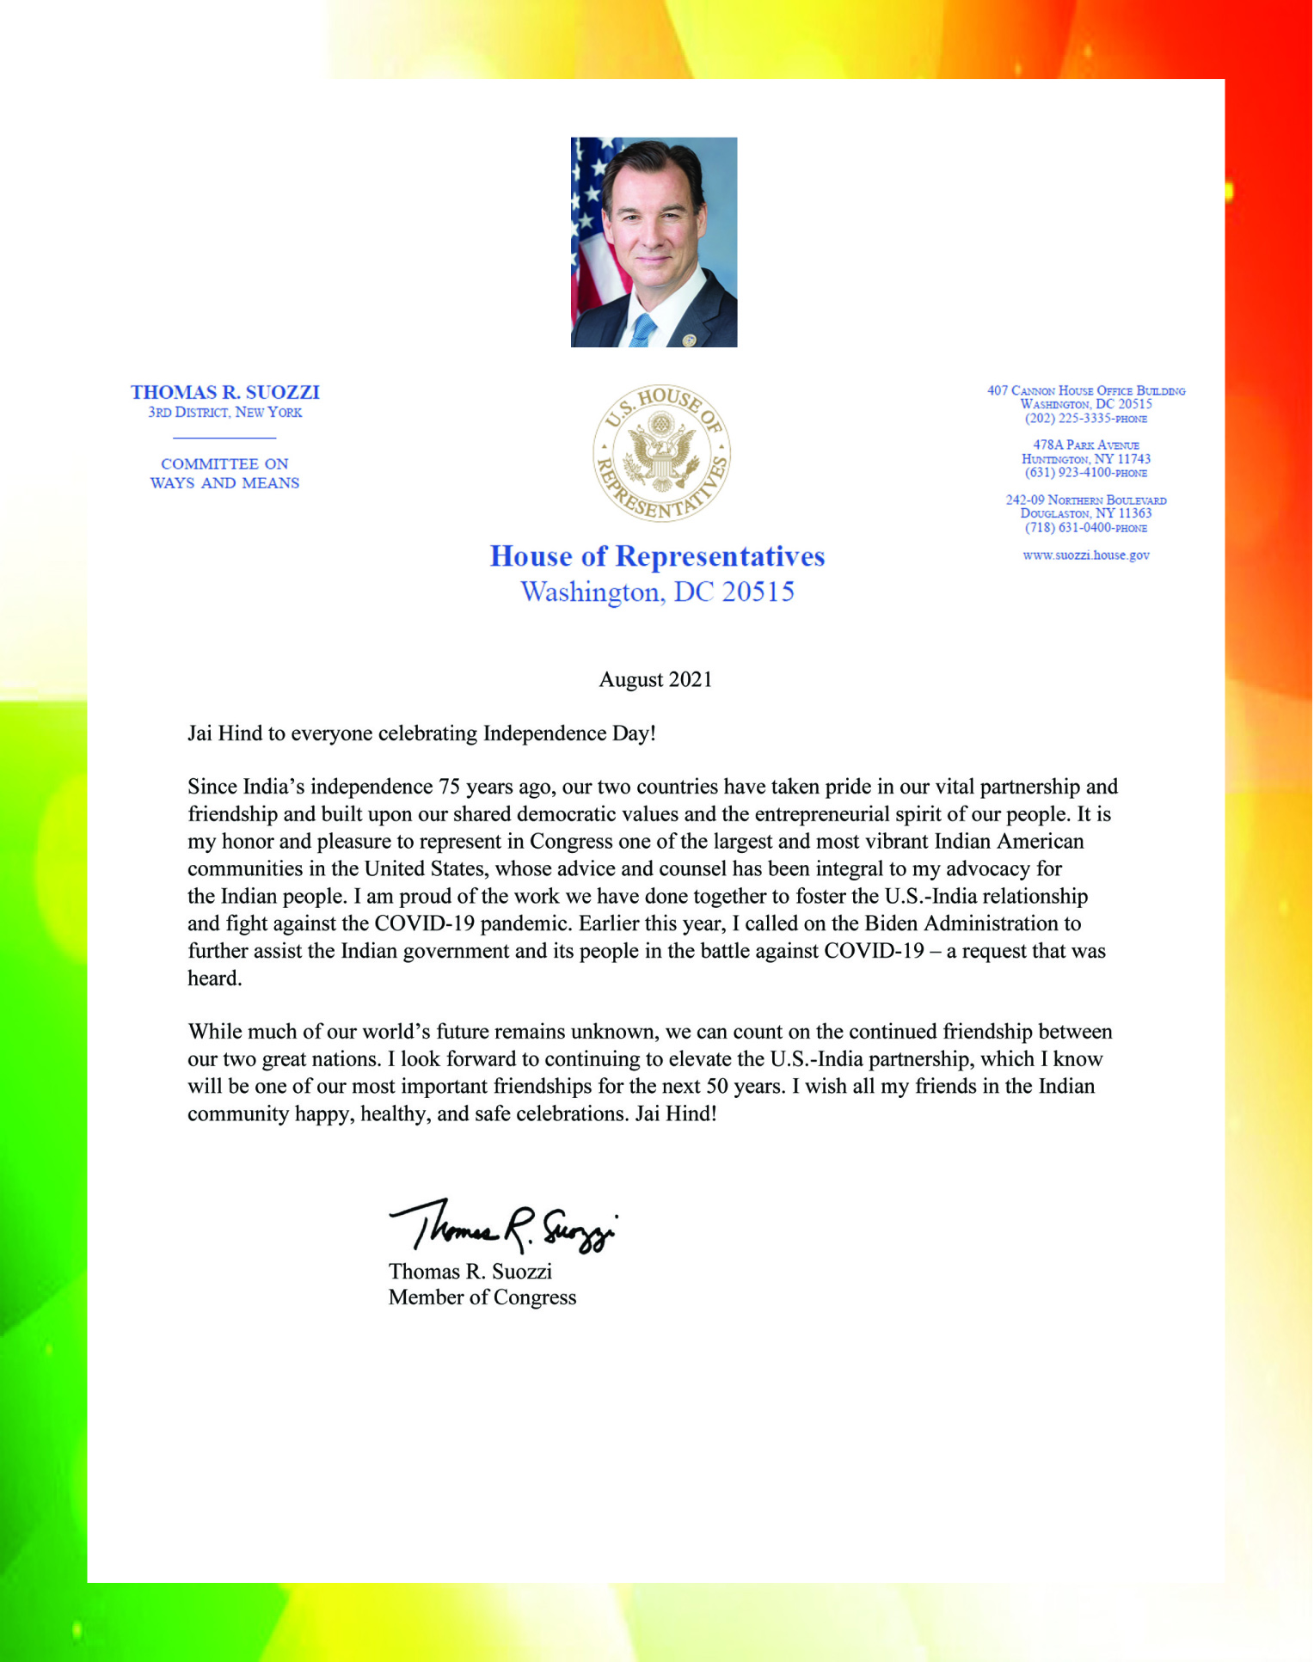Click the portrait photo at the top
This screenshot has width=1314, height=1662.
pyautogui.click(x=654, y=242)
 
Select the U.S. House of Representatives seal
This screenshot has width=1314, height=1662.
pyautogui.click(x=661, y=452)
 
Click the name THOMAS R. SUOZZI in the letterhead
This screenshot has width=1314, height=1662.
pyautogui.click(x=225, y=393)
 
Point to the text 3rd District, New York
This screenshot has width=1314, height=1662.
pyautogui.click(x=225, y=413)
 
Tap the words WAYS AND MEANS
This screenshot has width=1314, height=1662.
pyautogui.click(x=225, y=483)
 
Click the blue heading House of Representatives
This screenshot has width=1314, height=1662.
pyautogui.click(x=657, y=556)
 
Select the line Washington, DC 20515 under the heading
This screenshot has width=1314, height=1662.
pyautogui.click(x=657, y=592)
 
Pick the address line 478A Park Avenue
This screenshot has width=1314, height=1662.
pyautogui.click(x=1086, y=445)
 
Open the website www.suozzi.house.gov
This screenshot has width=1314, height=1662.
pyautogui.click(x=1086, y=555)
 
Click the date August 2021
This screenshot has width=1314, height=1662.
pyautogui.click(x=655, y=680)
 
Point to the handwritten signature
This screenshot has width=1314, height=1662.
pyautogui.click(x=503, y=1226)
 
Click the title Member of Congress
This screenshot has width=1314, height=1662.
pyautogui.click(x=482, y=1297)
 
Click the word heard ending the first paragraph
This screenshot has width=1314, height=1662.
pyautogui.click(x=214, y=978)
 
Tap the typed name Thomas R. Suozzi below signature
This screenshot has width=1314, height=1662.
pyautogui.click(x=470, y=1272)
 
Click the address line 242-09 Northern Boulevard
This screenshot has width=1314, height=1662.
pyautogui.click(x=1086, y=500)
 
